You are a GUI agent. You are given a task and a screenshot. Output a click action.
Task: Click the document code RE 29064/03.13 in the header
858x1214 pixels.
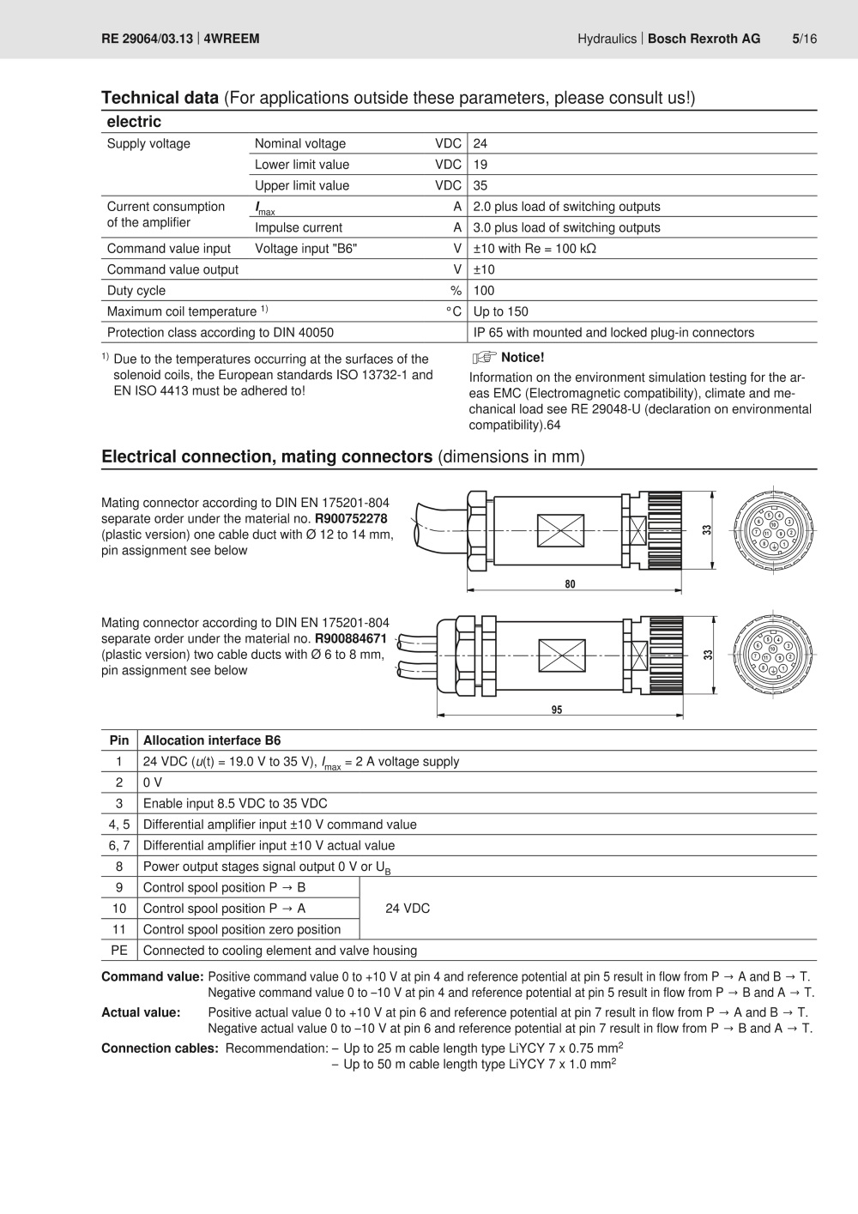(x=147, y=39)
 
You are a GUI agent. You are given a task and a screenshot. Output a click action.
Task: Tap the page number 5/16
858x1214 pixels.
(x=804, y=39)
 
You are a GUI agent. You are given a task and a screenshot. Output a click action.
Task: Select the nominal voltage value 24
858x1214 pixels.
(x=480, y=144)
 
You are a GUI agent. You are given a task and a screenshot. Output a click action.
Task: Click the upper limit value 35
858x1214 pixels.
(x=480, y=186)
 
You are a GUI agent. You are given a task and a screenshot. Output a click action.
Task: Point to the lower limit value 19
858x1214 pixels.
(x=480, y=165)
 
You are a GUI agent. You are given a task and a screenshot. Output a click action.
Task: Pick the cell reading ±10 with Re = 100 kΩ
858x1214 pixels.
(x=535, y=249)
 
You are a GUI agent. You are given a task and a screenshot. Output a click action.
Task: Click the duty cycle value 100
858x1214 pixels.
(x=484, y=291)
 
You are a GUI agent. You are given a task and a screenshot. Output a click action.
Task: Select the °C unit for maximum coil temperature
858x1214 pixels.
(x=454, y=312)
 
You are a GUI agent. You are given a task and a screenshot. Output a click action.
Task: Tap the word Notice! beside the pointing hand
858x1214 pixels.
(x=523, y=358)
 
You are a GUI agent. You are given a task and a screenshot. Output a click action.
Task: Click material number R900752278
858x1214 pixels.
(x=351, y=519)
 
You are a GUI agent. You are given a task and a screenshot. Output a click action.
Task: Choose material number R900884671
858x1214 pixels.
(x=351, y=639)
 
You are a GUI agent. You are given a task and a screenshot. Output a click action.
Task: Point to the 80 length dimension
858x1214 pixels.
(x=571, y=584)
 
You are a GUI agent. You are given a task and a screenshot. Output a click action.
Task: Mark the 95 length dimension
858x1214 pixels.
(x=557, y=710)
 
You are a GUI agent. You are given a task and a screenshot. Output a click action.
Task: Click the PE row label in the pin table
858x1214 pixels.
(x=119, y=951)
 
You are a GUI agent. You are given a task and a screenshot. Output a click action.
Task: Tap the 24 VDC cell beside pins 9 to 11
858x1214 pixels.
(x=408, y=909)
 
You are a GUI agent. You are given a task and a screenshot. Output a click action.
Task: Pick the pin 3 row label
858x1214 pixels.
(x=119, y=804)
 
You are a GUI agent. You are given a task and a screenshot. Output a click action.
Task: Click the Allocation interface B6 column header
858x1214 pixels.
(x=212, y=740)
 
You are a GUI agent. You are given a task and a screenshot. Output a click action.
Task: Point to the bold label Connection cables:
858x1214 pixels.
(x=160, y=1048)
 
